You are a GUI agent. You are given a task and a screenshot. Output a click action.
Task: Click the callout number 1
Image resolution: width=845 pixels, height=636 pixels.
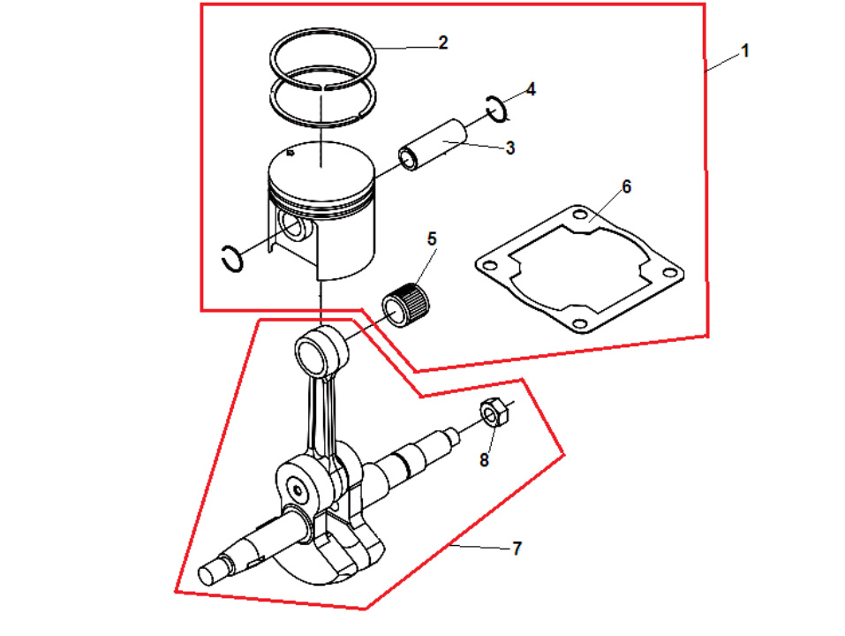point(745,51)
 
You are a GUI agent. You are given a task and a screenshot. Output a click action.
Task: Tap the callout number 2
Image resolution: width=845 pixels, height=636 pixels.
point(443,42)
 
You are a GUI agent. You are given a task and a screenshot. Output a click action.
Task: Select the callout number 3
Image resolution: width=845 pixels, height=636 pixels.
point(510,148)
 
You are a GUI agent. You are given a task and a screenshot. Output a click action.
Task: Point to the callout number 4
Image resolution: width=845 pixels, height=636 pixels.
point(531,89)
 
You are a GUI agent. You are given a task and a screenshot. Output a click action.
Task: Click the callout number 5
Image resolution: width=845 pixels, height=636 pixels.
point(432,238)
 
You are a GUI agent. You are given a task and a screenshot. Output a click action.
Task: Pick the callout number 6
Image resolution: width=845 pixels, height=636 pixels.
point(626,186)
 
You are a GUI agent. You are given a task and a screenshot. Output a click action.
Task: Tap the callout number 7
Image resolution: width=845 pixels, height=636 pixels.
point(517,549)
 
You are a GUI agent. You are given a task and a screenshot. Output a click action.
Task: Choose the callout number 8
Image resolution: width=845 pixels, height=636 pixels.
point(484,459)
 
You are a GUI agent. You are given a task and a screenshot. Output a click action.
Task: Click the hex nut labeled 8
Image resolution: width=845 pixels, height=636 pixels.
point(494,413)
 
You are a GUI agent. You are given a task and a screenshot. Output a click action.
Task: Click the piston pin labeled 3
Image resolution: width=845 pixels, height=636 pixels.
point(432,145)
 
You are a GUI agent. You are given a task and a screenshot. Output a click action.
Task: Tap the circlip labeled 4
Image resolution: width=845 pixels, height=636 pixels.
point(496,109)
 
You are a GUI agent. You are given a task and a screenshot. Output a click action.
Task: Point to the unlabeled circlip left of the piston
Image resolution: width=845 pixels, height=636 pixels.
point(232,259)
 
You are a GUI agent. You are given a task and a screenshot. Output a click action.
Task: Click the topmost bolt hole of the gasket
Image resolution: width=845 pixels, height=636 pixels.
point(579,215)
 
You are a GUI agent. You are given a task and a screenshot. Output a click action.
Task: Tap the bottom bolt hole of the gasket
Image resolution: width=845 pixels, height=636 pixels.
point(579,323)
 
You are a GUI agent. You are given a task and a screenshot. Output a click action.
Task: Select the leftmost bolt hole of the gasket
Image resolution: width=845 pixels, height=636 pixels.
point(489,266)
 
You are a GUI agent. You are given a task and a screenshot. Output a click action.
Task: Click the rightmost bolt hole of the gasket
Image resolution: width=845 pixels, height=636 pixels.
point(670,272)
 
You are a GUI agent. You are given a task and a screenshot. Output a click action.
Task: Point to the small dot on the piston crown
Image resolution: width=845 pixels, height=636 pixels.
point(290,153)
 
